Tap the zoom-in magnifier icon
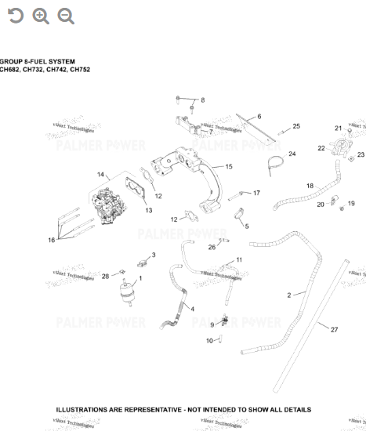click(x=41, y=16)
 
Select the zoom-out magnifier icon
click(x=66, y=16)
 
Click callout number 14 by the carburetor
click(x=100, y=174)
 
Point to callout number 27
click(x=334, y=330)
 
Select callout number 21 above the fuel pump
click(x=338, y=128)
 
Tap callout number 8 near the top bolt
click(x=202, y=100)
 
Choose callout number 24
click(x=292, y=154)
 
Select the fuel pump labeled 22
click(x=339, y=147)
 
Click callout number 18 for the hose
click(x=310, y=186)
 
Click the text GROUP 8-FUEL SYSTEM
click(x=38, y=61)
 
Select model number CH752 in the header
click(x=80, y=70)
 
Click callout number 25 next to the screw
click(x=296, y=126)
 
